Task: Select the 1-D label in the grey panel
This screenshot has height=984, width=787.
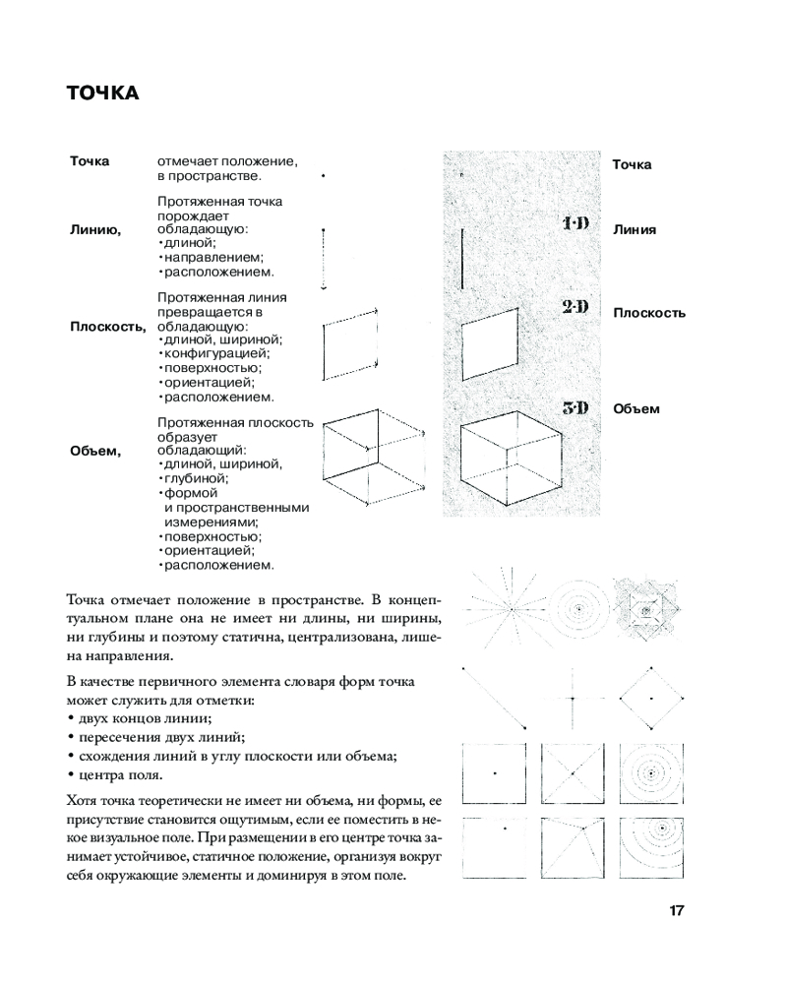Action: (575, 224)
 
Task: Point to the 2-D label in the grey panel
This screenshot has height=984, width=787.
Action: (575, 307)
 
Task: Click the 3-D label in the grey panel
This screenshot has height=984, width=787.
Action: (575, 407)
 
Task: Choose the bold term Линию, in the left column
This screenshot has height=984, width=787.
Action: (95, 229)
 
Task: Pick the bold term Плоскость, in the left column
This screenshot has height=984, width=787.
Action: (107, 326)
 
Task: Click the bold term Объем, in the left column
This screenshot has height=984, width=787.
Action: (95, 451)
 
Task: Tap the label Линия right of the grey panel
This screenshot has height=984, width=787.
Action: (635, 230)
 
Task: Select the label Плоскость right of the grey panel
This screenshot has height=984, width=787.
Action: (649, 313)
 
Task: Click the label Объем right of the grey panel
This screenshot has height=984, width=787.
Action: (636, 408)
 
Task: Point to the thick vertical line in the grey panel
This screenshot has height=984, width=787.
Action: (461, 257)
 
